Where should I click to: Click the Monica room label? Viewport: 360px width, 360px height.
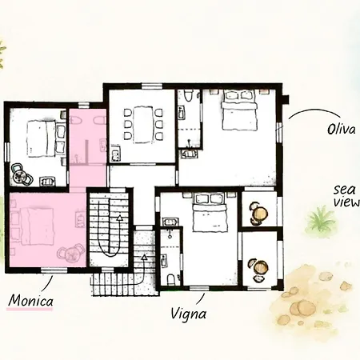click(x=30, y=301)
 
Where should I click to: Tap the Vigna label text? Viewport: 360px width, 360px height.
click(x=188, y=314)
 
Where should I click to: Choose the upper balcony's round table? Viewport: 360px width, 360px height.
click(x=259, y=213)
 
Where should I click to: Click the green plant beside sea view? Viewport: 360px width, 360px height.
click(x=321, y=218)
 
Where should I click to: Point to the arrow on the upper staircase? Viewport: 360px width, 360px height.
click(x=119, y=217)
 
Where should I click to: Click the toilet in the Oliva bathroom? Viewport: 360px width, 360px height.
click(x=186, y=98)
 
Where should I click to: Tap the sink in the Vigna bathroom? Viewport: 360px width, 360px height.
click(x=170, y=218)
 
